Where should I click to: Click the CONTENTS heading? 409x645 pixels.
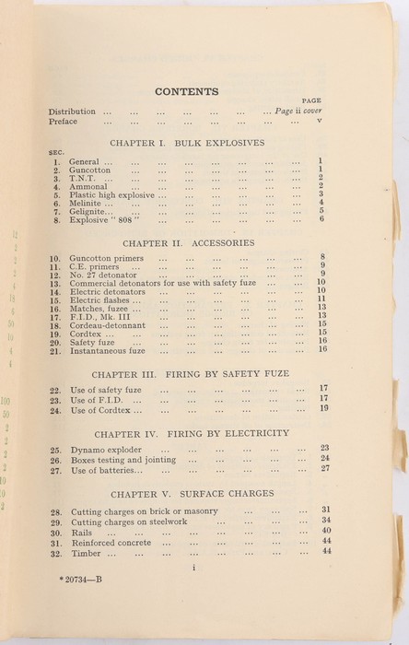186,91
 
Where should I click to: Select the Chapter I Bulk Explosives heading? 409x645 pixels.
186,144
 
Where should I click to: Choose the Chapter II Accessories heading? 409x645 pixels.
186,242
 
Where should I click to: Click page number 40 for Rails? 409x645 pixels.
325,530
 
